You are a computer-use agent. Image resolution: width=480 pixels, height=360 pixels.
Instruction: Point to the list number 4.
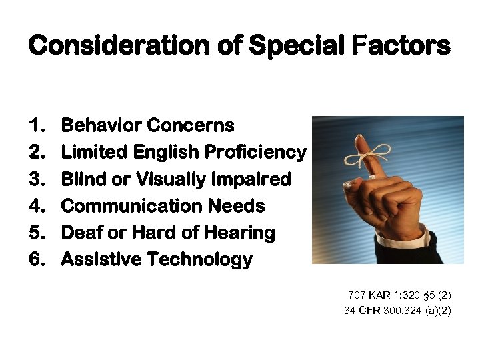37,206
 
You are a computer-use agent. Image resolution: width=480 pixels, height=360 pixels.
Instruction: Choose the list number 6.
37,259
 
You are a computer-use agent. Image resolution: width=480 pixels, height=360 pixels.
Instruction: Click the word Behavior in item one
101,125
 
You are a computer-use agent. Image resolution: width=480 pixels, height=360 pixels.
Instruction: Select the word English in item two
166,153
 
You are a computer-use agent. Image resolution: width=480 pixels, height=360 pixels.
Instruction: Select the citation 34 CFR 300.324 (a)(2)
397,310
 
